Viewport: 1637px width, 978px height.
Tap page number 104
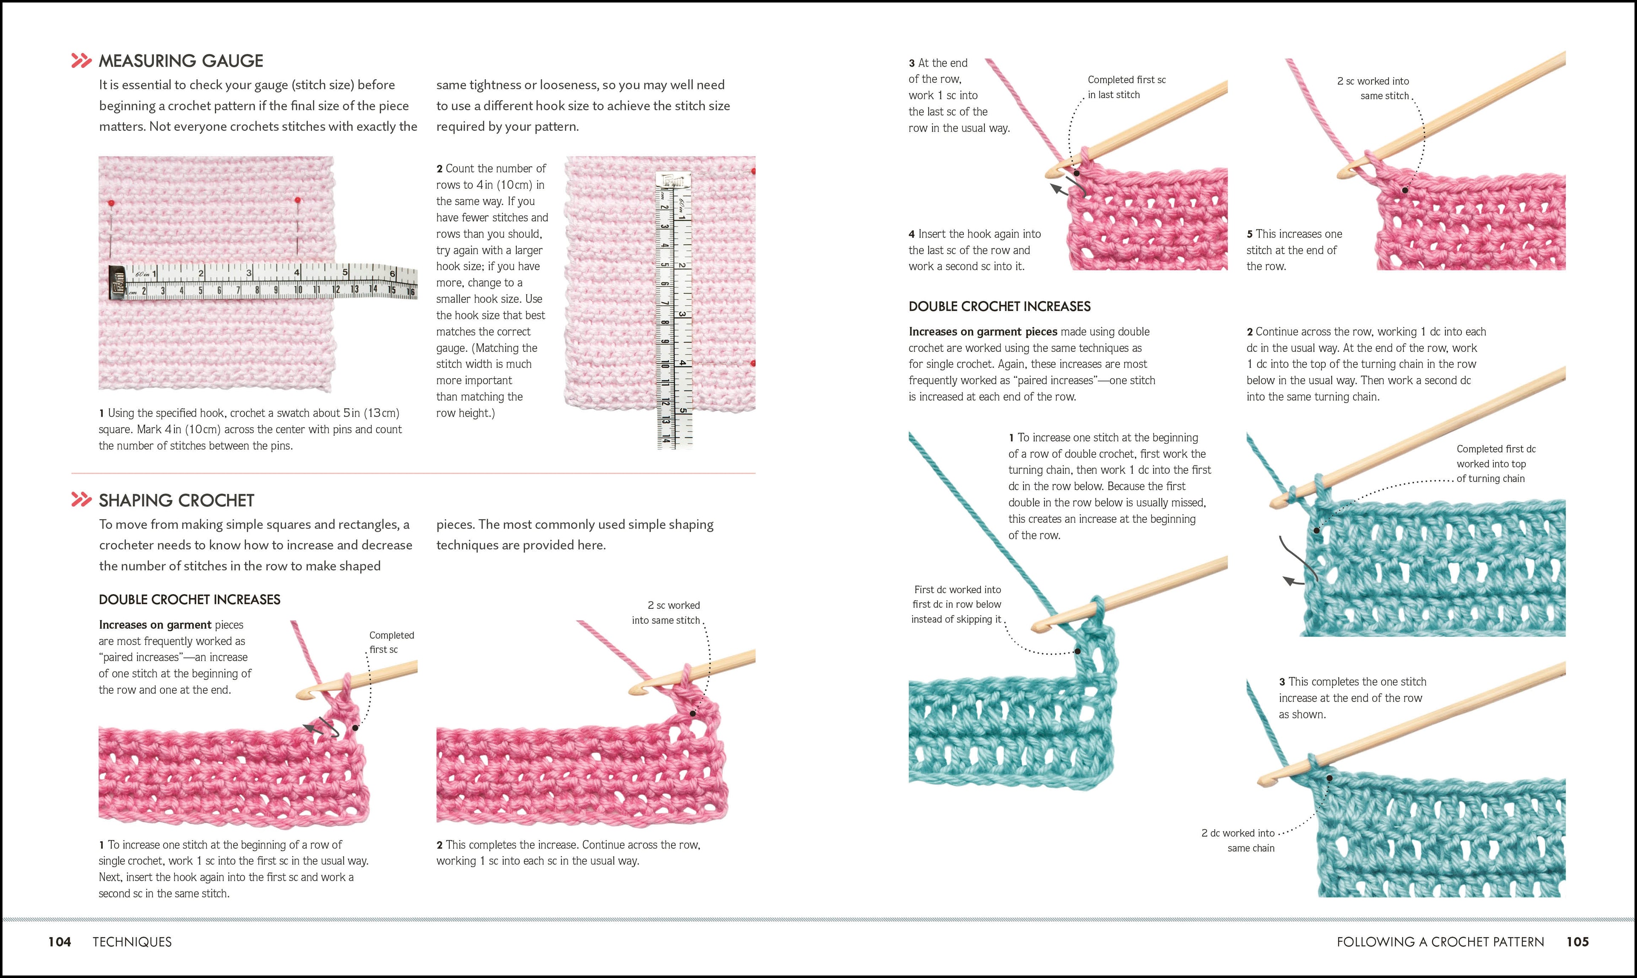point(59,942)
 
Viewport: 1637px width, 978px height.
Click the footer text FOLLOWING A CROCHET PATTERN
point(1440,942)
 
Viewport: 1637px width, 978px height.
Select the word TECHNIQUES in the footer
point(132,942)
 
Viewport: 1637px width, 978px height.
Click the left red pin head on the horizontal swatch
point(111,202)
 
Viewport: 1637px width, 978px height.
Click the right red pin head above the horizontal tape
point(298,199)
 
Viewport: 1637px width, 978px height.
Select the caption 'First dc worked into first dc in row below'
point(957,605)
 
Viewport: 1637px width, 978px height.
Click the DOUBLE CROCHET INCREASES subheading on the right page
point(999,307)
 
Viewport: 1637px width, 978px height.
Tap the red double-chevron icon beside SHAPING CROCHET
point(81,500)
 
